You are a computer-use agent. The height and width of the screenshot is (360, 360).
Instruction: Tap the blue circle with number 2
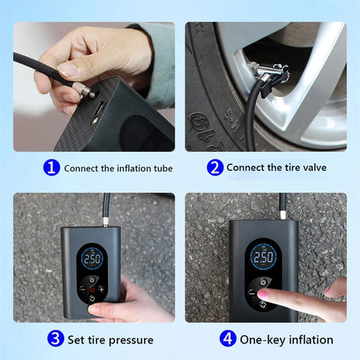(214, 168)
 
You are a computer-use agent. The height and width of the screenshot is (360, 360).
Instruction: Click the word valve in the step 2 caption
(312, 168)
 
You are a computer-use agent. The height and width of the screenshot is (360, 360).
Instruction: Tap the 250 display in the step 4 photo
(263, 257)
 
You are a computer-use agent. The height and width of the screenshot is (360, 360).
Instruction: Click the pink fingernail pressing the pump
(264, 294)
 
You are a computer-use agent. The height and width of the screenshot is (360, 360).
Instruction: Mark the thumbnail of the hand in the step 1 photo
(67, 70)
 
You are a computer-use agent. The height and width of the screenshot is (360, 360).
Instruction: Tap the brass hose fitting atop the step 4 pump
(282, 215)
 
